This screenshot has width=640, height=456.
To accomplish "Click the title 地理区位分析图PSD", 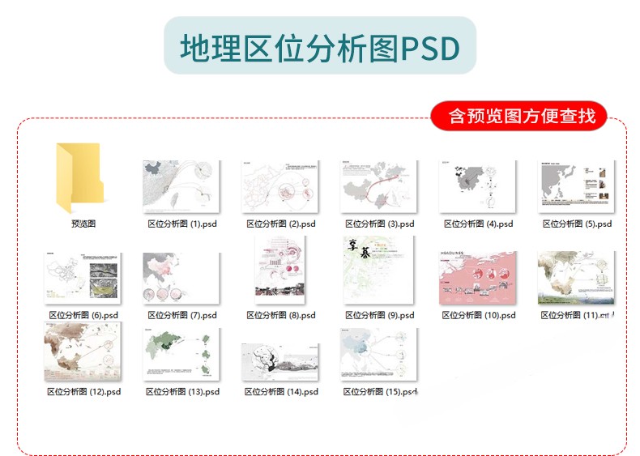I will tap(319, 48).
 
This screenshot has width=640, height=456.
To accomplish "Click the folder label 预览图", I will tap(83, 224).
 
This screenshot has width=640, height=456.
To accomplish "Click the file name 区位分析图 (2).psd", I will tap(280, 224).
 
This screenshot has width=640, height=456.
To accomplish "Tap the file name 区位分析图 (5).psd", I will tap(577, 224).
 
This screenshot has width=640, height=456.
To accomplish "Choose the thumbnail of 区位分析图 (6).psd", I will tap(83, 278).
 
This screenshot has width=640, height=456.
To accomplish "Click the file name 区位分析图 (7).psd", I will tap(181, 315).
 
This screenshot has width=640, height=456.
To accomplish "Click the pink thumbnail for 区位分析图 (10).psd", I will tap(477, 278).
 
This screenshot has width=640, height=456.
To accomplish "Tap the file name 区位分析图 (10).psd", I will tap(479, 315).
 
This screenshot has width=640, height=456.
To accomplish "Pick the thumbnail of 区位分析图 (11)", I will tap(576, 278).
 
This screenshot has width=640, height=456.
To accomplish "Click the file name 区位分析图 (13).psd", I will tap(182, 391).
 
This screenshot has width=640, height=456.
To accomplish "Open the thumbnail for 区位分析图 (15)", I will tap(378, 354).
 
